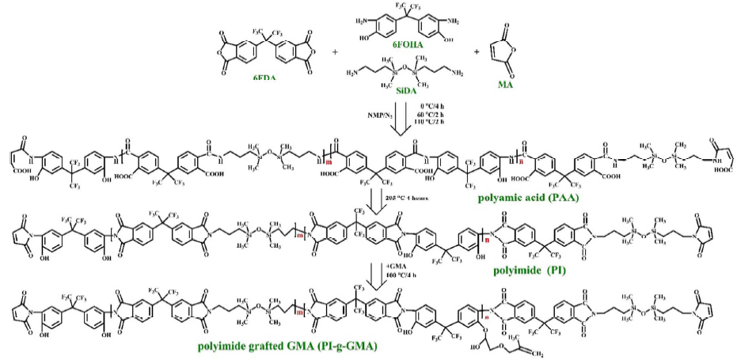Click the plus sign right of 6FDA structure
[x=335, y=52]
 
